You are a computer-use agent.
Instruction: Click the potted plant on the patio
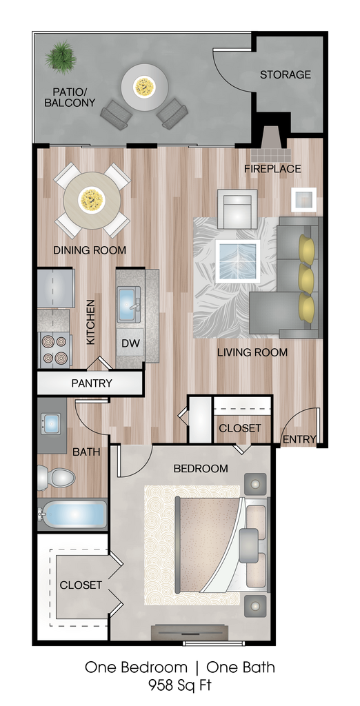61,57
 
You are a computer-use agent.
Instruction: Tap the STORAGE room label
286,74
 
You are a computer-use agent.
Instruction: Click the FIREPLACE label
272,169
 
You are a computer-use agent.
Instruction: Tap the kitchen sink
129,304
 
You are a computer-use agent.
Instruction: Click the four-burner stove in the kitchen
55,350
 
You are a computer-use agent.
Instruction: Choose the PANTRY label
92,383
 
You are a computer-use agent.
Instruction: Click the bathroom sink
51,423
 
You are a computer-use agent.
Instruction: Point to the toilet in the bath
55,478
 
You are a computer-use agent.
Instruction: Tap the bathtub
72,514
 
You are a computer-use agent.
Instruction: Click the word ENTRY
299,439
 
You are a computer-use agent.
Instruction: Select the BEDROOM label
201,469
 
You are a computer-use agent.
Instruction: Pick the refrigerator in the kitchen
55,288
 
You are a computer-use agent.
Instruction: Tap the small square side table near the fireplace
303,199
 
